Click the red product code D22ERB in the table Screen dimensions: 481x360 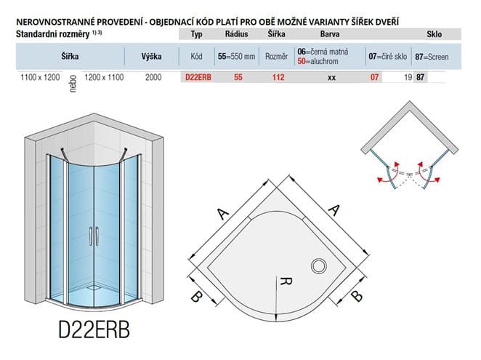(x=198, y=77)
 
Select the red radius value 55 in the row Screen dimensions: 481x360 (x=238, y=77)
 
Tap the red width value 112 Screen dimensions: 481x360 (x=278, y=77)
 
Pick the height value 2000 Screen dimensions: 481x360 (x=153, y=77)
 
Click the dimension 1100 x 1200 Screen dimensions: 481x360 (x=40, y=77)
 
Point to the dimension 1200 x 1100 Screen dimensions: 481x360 (x=104, y=77)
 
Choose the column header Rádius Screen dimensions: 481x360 (x=237, y=33)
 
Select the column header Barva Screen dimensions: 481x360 (x=330, y=33)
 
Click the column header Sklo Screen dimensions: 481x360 (x=434, y=34)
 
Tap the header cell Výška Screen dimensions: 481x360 (x=152, y=56)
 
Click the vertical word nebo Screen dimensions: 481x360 (x=73, y=84)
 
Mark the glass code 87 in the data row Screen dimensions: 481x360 (x=420, y=77)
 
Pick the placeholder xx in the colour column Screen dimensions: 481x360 (x=331, y=78)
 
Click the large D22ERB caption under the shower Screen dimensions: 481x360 (x=94, y=329)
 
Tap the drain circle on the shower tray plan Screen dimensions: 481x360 (x=319, y=266)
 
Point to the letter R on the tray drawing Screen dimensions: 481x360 (x=286, y=281)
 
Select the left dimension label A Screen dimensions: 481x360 (x=223, y=213)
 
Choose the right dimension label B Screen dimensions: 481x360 (x=357, y=296)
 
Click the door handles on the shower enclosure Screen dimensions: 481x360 (x=94, y=236)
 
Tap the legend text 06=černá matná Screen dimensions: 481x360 (x=323, y=52)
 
